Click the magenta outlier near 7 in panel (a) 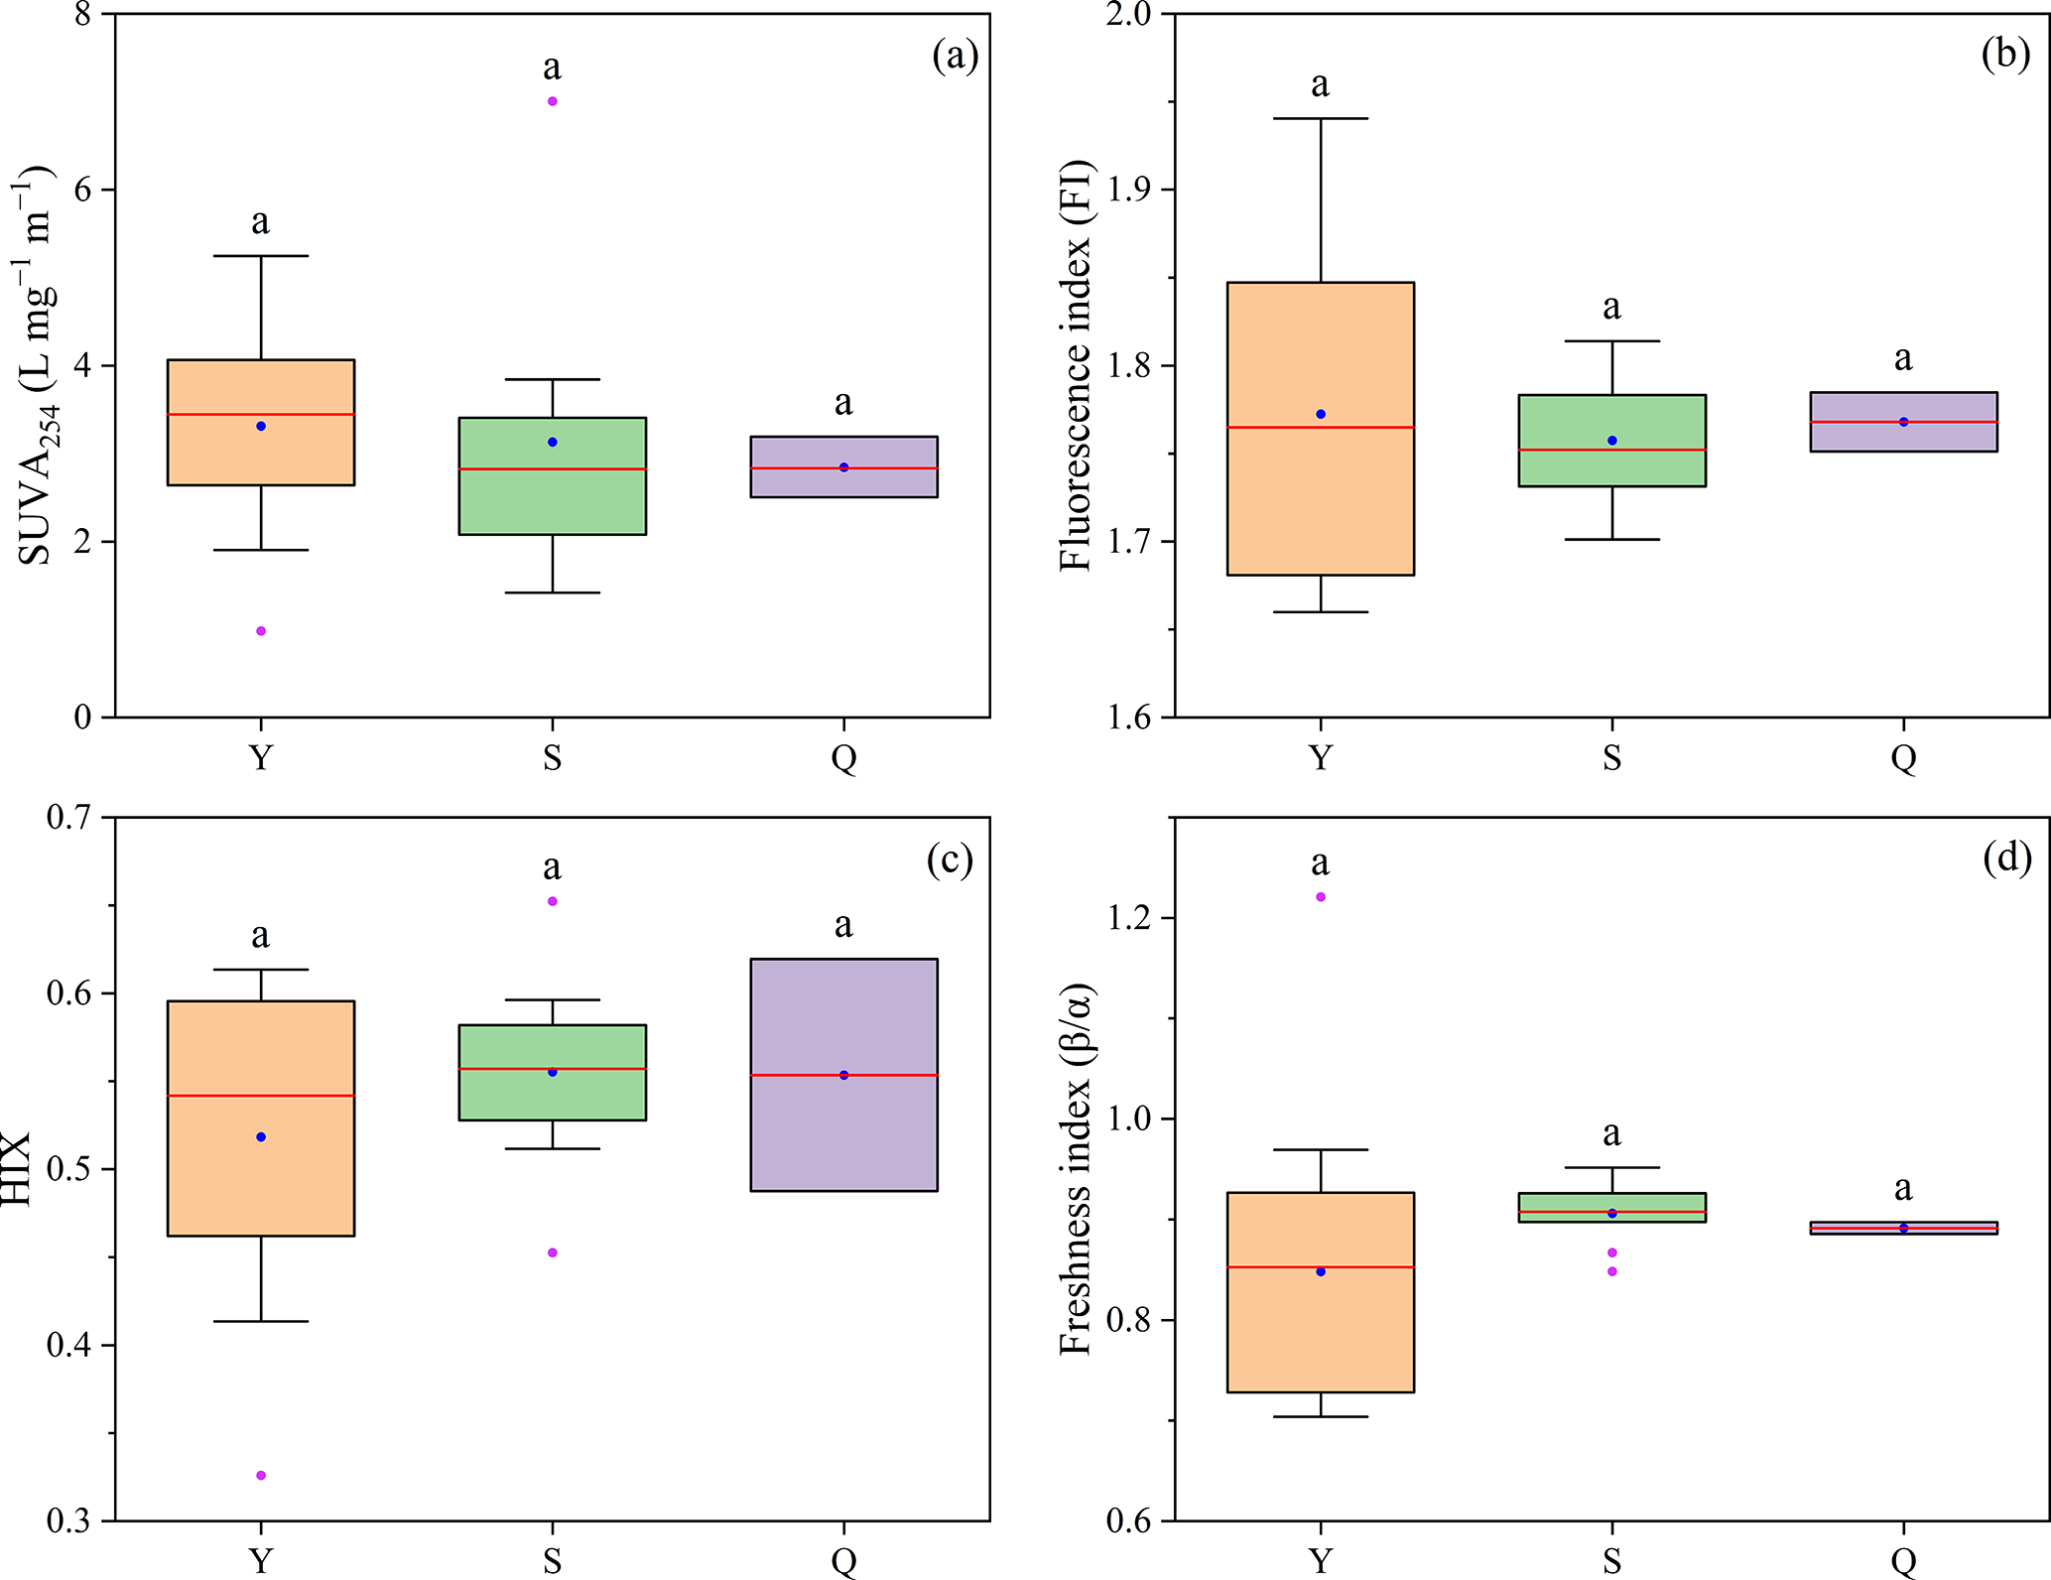click(x=553, y=101)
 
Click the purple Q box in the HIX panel click(x=843, y=1131)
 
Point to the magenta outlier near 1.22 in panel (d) click(x=1320, y=897)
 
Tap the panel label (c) click(x=950, y=859)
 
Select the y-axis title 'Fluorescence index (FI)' click(x=1076, y=365)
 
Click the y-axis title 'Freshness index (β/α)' click(x=1076, y=1169)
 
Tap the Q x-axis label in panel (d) click(x=1903, y=1561)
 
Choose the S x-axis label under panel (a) click(x=553, y=758)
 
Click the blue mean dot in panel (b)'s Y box click(x=1321, y=414)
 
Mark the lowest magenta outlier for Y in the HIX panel click(x=261, y=1476)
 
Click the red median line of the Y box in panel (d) click(x=1320, y=1267)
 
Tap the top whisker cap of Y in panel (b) click(x=1321, y=118)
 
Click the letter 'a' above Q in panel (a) click(x=843, y=403)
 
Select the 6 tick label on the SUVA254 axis click(x=84, y=190)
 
